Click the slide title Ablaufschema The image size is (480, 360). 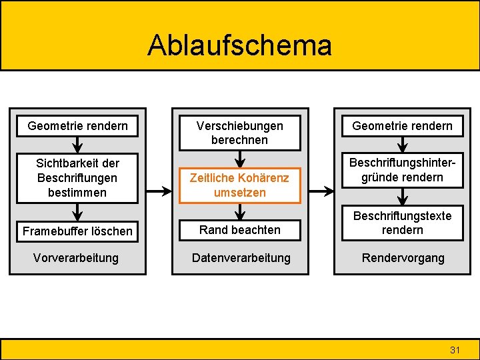(239, 45)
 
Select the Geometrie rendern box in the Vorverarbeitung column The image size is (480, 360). (77, 125)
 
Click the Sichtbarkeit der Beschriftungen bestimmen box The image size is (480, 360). (77, 177)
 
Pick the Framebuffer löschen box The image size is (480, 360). (77, 231)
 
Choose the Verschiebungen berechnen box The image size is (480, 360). (239, 133)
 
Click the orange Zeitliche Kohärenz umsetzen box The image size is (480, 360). (239, 185)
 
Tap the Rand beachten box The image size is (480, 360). (239, 230)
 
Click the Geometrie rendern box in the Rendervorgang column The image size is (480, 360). (402, 125)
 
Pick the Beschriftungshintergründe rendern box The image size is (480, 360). (402, 170)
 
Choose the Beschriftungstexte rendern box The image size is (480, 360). (402, 223)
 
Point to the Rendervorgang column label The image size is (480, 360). (402, 257)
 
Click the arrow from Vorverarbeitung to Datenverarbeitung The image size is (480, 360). (159, 191)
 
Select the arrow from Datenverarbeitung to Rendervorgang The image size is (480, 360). (321, 191)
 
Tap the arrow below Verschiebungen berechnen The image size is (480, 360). (240, 159)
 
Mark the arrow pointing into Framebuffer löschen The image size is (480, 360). (78, 212)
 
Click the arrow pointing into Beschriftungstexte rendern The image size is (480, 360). (402, 197)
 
